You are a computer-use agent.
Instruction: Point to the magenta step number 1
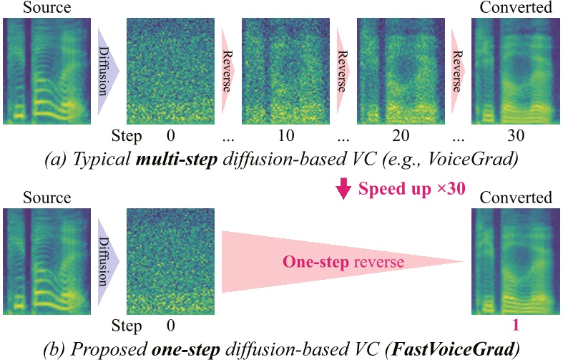516,326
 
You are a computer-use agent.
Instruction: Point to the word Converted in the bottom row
516,198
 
